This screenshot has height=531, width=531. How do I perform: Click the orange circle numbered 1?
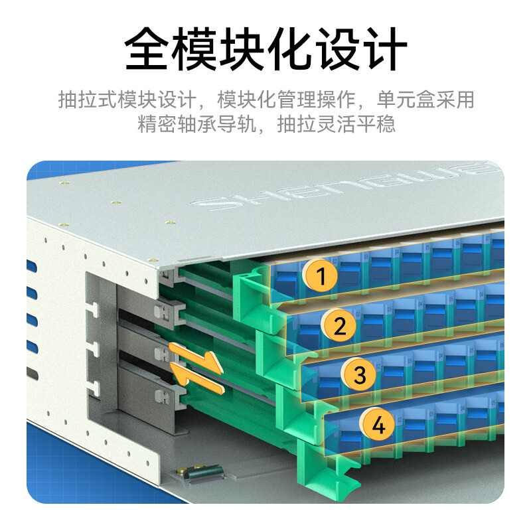321,275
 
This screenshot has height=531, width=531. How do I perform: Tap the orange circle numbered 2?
339,325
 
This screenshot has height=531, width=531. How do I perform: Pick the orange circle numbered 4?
377,424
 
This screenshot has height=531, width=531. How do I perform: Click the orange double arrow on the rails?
196,368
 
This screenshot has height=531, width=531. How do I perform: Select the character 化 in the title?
289,48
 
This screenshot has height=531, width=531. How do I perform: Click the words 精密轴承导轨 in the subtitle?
197,124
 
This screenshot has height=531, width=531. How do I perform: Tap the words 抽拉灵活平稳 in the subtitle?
337,124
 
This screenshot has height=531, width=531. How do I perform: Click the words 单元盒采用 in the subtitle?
425,100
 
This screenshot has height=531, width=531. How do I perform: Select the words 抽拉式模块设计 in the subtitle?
127,100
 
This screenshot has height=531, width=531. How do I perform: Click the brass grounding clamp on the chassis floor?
202,473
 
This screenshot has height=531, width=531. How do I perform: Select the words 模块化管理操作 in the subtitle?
287,100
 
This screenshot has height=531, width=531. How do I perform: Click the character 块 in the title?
242,48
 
